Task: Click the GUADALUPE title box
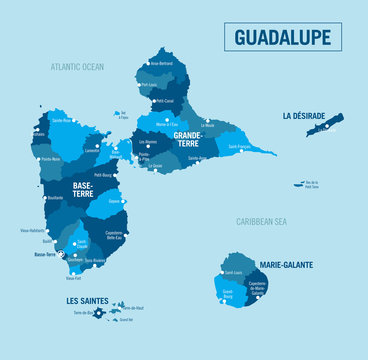287,37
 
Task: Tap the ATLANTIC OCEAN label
78,67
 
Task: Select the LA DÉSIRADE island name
303,116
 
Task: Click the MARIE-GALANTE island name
286,265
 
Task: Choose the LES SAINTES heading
87,300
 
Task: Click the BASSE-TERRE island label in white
82,189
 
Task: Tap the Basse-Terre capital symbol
61,255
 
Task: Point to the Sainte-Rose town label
62,120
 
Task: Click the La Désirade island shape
326,124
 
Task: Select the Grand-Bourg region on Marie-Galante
228,292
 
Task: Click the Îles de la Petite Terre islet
299,184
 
